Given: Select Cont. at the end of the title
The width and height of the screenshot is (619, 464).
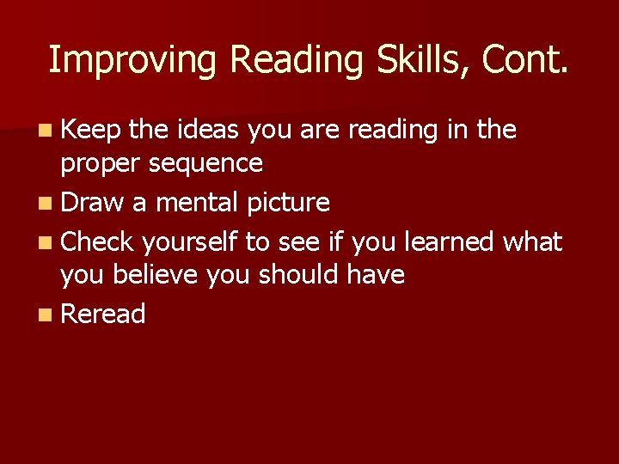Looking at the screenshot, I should tap(525, 60).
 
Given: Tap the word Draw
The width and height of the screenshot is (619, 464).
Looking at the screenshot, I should tap(92, 204).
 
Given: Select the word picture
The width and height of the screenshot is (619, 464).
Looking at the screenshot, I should tap(288, 204).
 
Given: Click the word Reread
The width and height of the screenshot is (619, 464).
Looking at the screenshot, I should tap(103, 314).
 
